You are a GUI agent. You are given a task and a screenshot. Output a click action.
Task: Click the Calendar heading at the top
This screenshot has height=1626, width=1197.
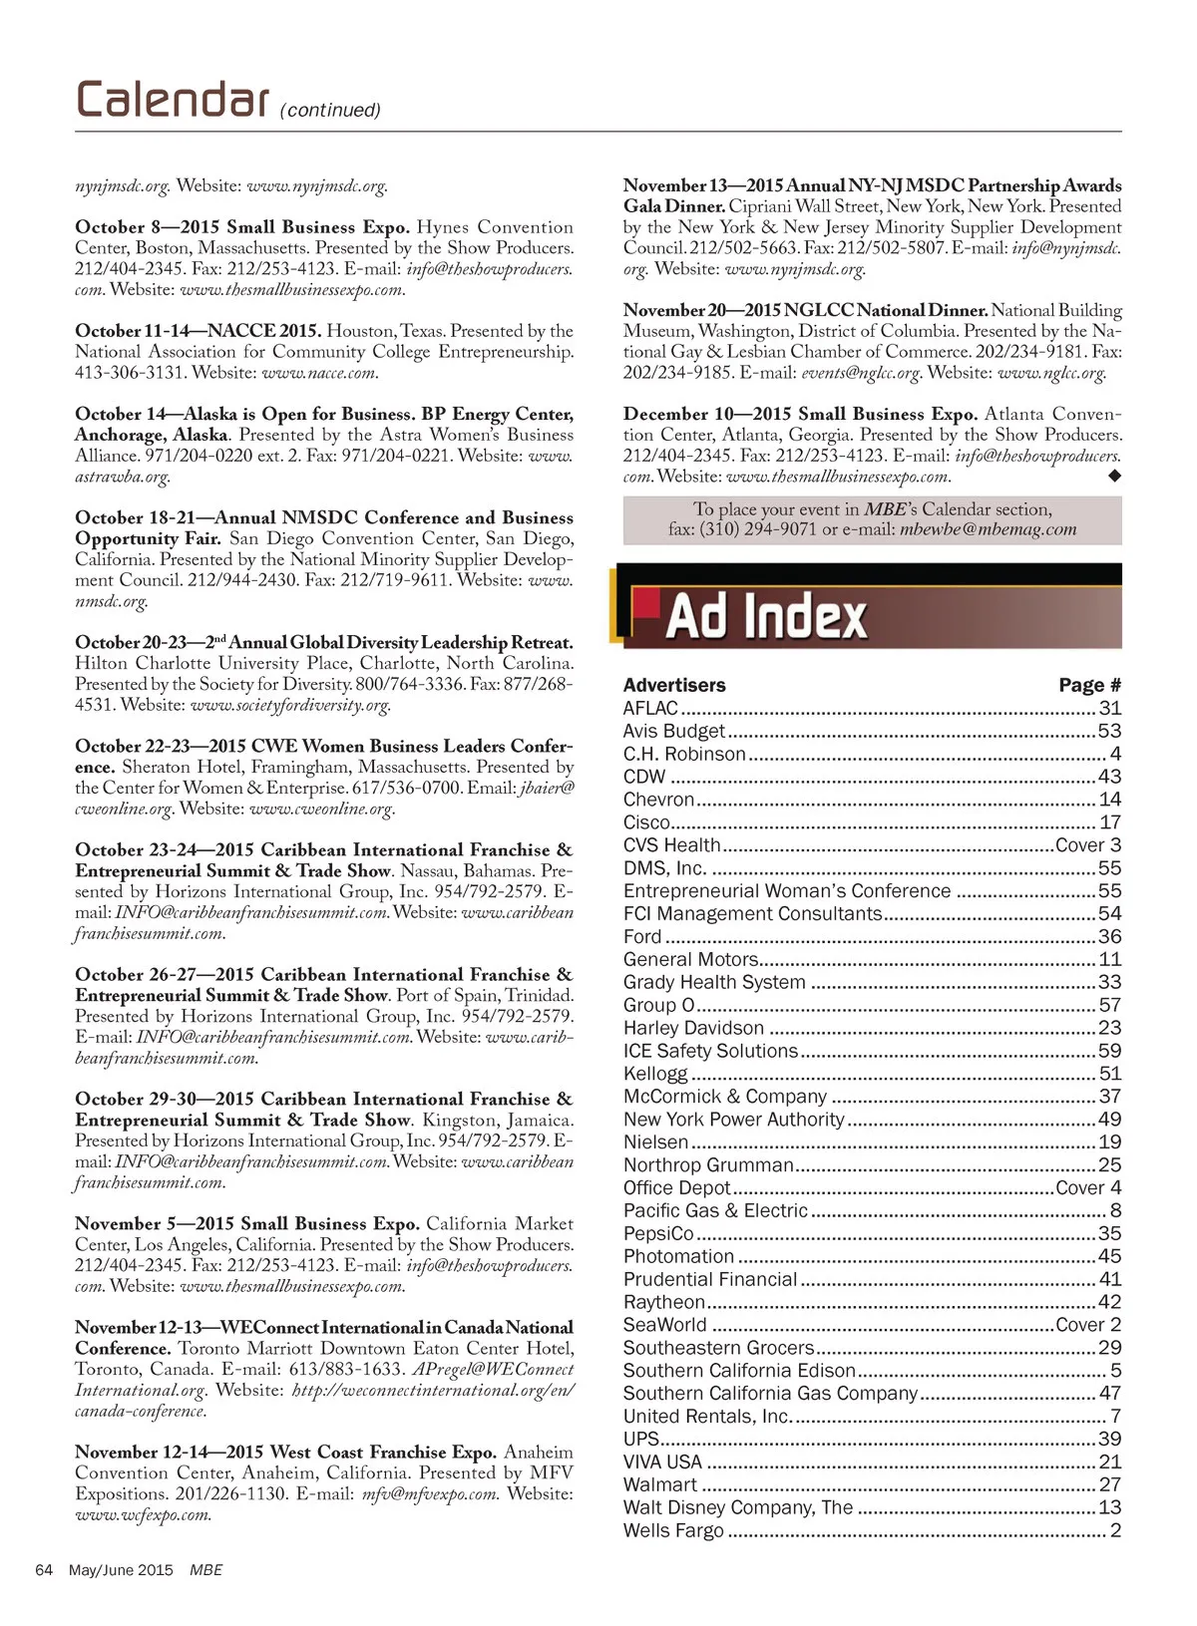click(172, 100)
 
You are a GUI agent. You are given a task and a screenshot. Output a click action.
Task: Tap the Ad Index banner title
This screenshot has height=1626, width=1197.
click(766, 616)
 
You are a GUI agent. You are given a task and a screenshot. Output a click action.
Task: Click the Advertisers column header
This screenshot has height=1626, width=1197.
click(674, 685)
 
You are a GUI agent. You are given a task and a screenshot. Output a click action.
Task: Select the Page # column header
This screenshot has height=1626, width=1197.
click(1089, 685)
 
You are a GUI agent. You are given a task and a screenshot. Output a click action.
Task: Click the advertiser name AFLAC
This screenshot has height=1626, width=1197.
click(650, 708)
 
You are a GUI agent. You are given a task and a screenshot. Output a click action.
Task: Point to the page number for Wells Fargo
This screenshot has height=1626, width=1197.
click(1115, 1530)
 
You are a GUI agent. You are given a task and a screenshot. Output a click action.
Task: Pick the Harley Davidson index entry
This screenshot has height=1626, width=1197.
click(693, 1028)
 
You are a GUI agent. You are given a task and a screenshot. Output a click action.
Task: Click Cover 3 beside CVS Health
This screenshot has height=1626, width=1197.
click(1088, 845)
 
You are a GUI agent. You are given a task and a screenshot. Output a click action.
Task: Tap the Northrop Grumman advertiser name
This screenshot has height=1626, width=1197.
click(708, 1164)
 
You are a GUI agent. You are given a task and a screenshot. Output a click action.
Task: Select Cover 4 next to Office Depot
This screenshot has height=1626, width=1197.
click(1088, 1187)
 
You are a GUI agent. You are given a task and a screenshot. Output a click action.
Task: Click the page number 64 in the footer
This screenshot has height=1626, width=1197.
click(44, 1570)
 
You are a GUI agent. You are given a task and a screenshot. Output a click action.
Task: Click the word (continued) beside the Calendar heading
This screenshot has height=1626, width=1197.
click(330, 110)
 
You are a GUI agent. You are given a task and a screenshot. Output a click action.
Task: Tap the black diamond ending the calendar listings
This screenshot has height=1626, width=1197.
click(1114, 476)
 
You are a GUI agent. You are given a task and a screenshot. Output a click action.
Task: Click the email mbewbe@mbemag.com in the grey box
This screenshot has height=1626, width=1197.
click(988, 529)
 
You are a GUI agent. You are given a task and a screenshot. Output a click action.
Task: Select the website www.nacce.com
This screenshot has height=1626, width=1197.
click(319, 373)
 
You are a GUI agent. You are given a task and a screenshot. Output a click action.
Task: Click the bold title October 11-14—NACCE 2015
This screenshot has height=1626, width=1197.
click(198, 331)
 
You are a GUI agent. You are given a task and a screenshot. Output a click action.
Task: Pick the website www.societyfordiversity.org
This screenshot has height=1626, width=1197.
click(290, 705)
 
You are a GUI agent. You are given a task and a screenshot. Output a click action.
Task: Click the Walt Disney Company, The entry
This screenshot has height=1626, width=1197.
click(738, 1507)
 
